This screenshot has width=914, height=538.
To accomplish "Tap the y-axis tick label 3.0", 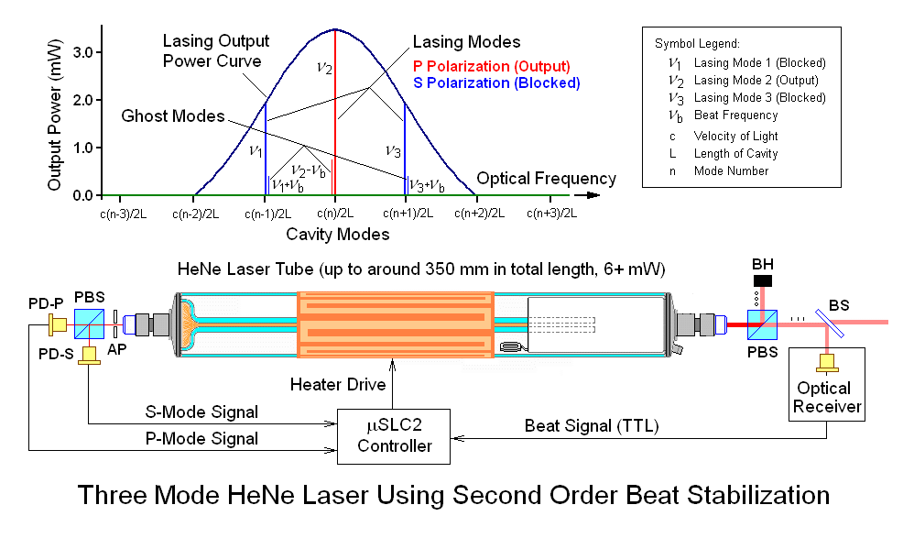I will (x=84, y=52).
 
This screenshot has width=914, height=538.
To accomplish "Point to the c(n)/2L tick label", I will (x=334, y=214).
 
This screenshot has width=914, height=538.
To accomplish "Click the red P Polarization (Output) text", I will (x=492, y=66).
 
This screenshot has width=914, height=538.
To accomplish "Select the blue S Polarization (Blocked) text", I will (x=496, y=82).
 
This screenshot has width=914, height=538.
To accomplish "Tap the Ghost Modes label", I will (x=173, y=116).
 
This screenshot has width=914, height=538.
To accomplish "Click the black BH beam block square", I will (x=763, y=279).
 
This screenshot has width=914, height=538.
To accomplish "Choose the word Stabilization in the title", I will (x=737, y=496).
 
